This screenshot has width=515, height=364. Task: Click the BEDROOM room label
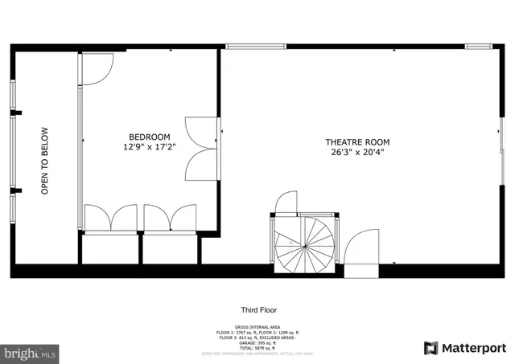tap(149, 137)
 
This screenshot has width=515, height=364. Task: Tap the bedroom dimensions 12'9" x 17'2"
tap(149, 148)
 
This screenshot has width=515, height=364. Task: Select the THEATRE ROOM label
tap(352, 141)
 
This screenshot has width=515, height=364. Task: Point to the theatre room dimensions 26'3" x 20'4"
tap(352, 153)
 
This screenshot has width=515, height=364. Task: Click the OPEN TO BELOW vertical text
tap(45, 161)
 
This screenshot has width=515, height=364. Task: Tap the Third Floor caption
tap(258, 310)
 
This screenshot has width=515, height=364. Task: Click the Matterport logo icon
tap(431, 348)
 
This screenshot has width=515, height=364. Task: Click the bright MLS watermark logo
tap(30, 353)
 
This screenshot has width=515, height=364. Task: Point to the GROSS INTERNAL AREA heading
tap(258, 326)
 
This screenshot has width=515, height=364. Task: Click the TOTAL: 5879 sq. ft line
tap(258, 348)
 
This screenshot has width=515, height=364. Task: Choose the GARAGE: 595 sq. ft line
tap(258, 343)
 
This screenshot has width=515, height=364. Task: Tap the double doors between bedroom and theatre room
tap(201, 149)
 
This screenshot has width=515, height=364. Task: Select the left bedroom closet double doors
tap(111, 219)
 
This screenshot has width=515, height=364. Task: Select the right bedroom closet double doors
tap(170, 219)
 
